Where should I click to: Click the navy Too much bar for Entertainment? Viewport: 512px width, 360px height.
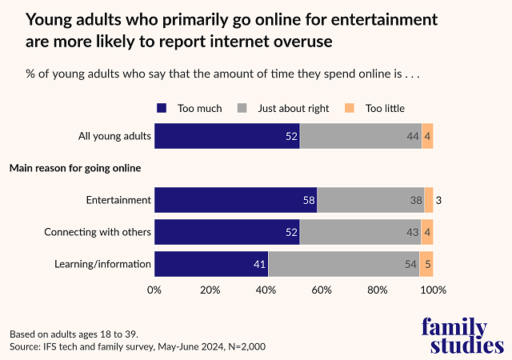pyautogui.click(x=235, y=199)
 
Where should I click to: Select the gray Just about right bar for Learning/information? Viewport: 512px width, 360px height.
pyautogui.click(x=344, y=263)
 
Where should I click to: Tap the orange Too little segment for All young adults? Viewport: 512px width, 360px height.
pyautogui.click(x=427, y=136)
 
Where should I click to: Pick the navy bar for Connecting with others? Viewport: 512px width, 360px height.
pyautogui.click(x=226, y=232)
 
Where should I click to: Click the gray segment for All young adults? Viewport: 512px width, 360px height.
pyautogui.click(x=360, y=136)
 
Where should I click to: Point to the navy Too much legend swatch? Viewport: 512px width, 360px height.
pyautogui.click(x=162, y=108)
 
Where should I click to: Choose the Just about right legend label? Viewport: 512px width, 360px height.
pyautogui.click(x=293, y=108)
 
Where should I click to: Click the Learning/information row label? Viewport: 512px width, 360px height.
pyautogui.click(x=102, y=263)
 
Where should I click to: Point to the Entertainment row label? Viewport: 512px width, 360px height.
pyautogui.click(x=118, y=199)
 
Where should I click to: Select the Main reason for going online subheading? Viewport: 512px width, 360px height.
pyautogui.click(x=74, y=168)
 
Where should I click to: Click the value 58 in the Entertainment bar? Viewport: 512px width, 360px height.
pyautogui.click(x=309, y=199)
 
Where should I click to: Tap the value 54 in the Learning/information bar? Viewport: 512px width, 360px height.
pyautogui.click(x=411, y=263)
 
